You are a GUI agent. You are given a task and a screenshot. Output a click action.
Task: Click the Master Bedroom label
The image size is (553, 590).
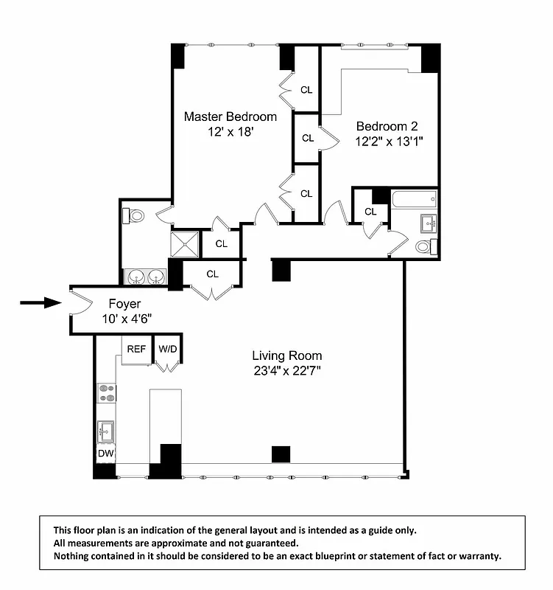pos(230,117)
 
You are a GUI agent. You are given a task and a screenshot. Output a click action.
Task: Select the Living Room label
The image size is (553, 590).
pos(286,355)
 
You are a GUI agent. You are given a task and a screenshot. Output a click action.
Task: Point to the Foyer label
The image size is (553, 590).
pos(124,303)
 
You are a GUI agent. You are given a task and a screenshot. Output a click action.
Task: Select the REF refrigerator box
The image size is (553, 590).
pos(136,350)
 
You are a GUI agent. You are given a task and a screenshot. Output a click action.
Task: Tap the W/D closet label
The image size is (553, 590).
pos(168,349)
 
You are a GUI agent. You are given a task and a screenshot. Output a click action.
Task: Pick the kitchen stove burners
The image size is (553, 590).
pos(107,393)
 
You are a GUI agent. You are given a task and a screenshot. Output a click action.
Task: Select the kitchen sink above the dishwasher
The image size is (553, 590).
pos(105,430)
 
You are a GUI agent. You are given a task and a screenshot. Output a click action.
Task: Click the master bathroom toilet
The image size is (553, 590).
pos(134,216)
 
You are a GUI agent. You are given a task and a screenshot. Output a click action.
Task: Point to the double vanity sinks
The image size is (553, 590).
pos(145,277)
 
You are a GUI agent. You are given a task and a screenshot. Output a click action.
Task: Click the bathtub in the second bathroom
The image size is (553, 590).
pos(414,199)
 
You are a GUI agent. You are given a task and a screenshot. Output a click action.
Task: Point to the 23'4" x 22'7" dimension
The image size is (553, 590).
pos(286,371)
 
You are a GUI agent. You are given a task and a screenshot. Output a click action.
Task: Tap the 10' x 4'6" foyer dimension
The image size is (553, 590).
pos(127,319)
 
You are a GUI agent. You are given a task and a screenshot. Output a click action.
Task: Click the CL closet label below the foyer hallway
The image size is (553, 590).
pos(213,274)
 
